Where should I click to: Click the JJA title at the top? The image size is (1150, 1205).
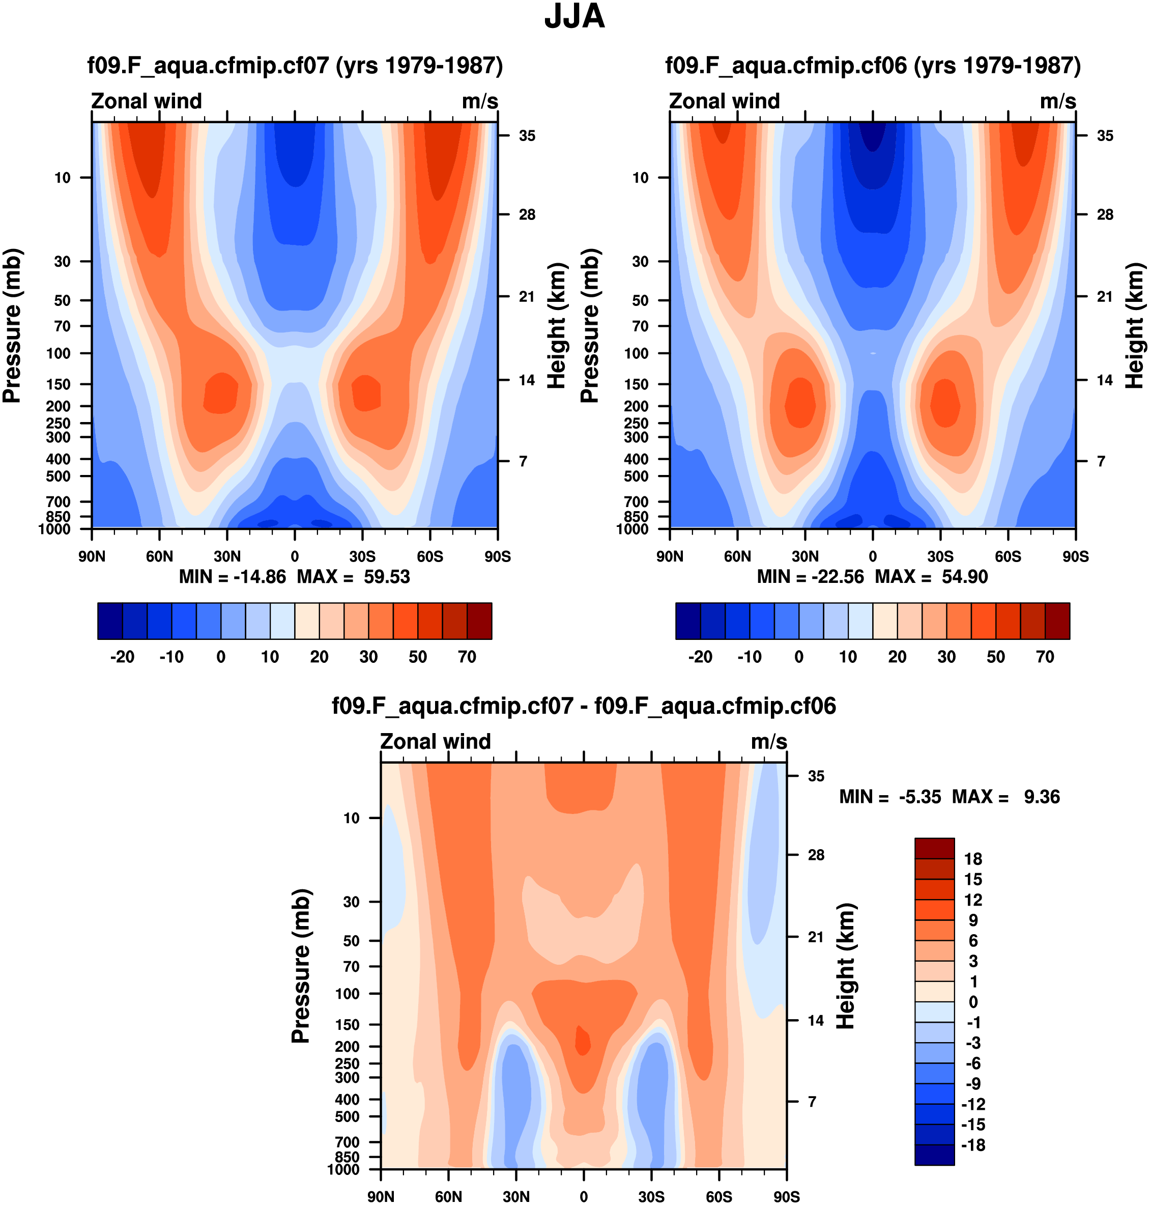(574, 17)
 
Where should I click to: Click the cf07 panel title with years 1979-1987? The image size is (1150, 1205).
(295, 65)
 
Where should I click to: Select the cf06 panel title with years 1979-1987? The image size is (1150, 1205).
(873, 65)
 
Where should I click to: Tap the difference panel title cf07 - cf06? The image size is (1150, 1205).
(584, 706)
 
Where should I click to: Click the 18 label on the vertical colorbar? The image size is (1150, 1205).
(973, 859)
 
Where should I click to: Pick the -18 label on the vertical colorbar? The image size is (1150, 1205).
(973, 1145)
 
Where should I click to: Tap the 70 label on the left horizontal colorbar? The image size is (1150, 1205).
(467, 657)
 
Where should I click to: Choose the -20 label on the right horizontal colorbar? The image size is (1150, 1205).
(700, 657)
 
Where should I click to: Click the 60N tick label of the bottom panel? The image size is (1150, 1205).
(449, 1197)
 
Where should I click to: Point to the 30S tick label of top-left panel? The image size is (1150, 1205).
(362, 557)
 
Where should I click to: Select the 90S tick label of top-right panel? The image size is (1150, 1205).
(1075, 557)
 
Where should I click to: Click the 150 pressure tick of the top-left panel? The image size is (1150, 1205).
(63, 384)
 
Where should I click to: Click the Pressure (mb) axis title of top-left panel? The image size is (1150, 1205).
(12, 326)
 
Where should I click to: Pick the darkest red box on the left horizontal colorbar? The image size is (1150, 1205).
(479, 621)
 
